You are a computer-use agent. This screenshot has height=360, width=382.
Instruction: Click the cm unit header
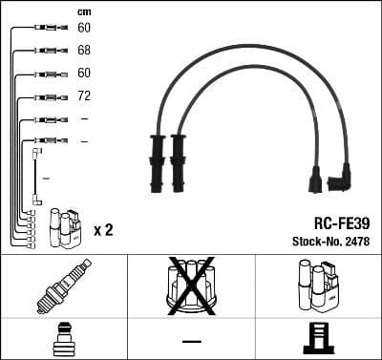83,11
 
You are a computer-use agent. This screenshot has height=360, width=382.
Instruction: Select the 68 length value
84,50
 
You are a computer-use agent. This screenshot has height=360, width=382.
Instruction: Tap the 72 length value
84,96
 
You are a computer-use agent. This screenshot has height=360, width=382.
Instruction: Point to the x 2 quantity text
104,230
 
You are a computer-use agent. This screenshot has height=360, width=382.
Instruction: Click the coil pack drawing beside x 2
66,227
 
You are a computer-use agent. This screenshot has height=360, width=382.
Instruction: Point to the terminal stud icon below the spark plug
62,339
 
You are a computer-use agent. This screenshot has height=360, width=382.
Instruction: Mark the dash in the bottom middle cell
191,341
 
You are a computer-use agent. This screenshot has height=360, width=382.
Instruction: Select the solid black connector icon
319,340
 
